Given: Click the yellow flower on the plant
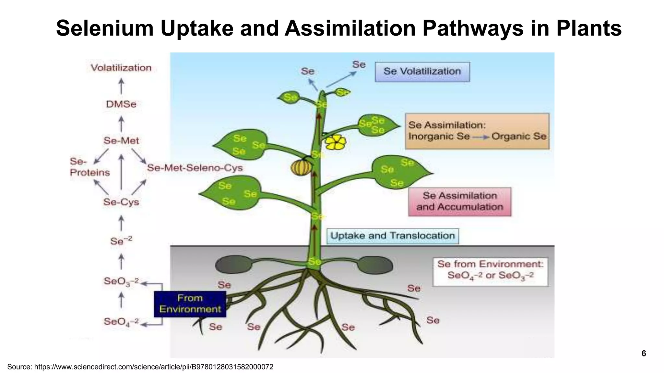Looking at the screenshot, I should [x=336, y=142].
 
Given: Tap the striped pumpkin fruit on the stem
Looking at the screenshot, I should [x=301, y=167].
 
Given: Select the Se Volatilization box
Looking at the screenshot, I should [x=422, y=72].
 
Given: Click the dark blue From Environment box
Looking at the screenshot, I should [x=190, y=304].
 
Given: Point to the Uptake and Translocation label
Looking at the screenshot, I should [x=392, y=236].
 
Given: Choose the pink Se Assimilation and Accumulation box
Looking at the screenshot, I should [x=459, y=201].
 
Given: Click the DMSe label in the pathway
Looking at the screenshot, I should [x=121, y=104].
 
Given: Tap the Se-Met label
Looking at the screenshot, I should [x=121, y=141].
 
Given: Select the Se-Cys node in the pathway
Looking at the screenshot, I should [x=121, y=202].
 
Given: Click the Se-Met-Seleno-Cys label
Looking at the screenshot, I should [x=195, y=168].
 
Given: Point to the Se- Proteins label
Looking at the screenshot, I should [x=89, y=167].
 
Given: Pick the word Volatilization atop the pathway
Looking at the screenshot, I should [x=121, y=68].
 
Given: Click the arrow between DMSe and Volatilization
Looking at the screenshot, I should [x=121, y=86].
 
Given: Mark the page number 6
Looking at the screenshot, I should [x=644, y=353].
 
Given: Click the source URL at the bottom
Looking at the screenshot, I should [x=140, y=367].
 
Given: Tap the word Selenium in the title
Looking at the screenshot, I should [x=105, y=28].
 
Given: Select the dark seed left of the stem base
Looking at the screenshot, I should [x=233, y=265].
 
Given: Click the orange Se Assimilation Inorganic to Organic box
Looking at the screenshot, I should [x=477, y=131].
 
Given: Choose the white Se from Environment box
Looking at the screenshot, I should [x=490, y=272].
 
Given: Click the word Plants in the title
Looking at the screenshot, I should [x=589, y=28].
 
